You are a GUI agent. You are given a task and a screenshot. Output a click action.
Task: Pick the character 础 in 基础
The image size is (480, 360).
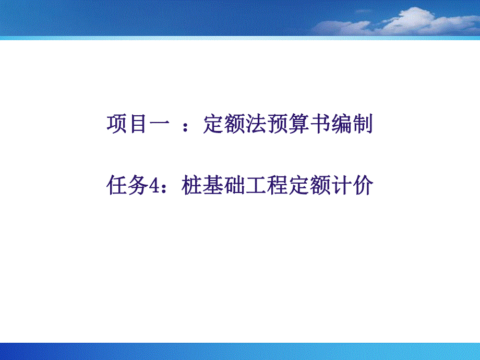[234, 186]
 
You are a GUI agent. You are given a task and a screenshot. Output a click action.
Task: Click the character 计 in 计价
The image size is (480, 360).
[341, 186]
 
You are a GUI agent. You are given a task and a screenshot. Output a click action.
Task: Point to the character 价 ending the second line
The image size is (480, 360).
[362, 186]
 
